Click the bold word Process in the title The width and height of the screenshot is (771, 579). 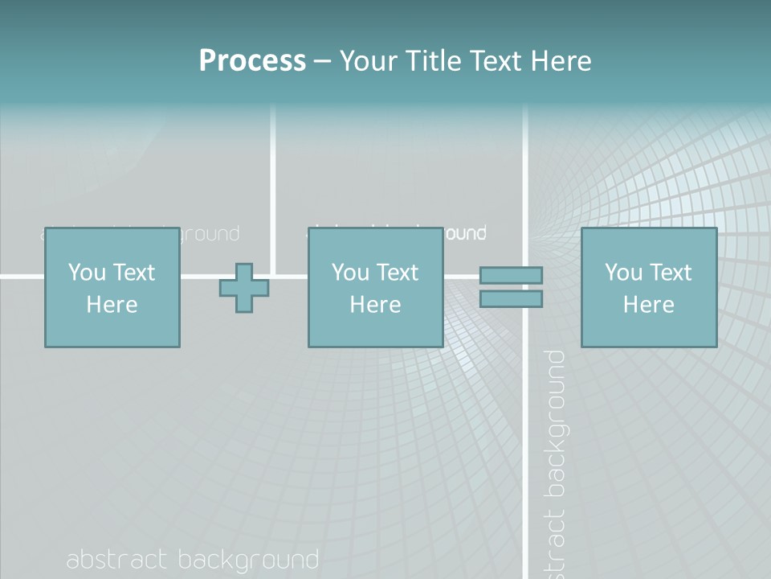[x=252, y=61]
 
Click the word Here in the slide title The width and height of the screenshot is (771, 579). [x=561, y=61]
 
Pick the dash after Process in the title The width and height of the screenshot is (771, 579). [x=323, y=62]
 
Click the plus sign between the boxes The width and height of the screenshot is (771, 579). [x=244, y=288]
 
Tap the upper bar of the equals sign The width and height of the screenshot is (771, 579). [x=511, y=275]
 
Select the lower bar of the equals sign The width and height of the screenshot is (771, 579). [x=511, y=299]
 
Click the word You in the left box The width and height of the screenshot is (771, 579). [x=87, y=273]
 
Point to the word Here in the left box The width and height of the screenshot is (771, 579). [x=112, y=305]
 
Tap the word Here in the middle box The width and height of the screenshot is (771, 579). [x=375, y=305]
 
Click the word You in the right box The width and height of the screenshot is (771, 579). [x=623, y=273]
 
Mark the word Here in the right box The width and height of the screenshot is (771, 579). [x=648, y=305]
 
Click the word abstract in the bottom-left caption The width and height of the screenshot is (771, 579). [x=116, y=560]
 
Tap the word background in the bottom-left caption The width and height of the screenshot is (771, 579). [x=248, y=561]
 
